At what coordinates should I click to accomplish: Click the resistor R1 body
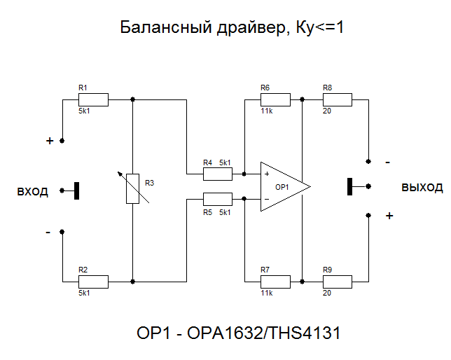[x=93, y=99]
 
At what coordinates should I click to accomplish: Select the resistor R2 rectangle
[x=93, y=282]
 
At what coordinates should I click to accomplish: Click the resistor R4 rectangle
[x=217, y=173]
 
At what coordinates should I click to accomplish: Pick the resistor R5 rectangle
[x=217, y=198]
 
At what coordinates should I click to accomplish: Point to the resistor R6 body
[x=275, y=99]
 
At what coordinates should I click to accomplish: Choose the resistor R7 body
[x=275, y=282]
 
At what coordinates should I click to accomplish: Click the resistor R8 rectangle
[x=337, y=99]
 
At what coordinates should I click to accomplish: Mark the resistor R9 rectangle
[x=337, y=282]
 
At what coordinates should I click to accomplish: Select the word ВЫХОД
[x=422, y=188]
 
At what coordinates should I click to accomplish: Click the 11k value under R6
[x=266, y=111]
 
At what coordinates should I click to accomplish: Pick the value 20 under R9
[x=327, y=293]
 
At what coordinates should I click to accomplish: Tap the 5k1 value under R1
[x=84, y=111]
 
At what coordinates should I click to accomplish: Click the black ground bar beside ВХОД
[x=77, y=190]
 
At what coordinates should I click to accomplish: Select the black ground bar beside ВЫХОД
[x=349, y=187]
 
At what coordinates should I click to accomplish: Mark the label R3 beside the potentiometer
[x=148, y=183]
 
